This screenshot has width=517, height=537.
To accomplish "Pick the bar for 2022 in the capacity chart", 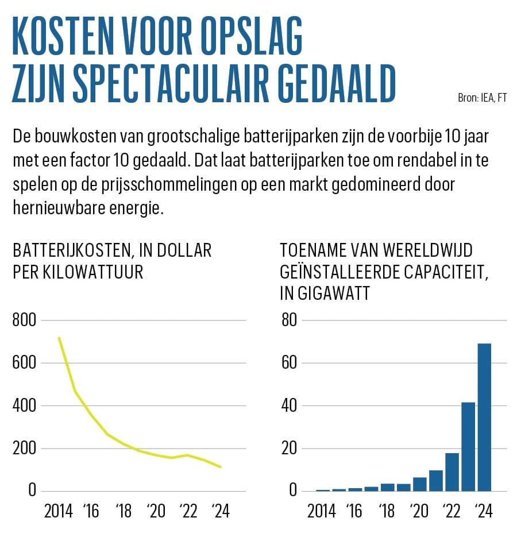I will (x=452, y=472).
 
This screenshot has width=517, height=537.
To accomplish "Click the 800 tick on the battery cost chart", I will (x=24, y=320).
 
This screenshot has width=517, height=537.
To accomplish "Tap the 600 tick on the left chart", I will (x=24, y=363).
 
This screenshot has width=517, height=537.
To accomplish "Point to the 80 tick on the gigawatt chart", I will (x=288, y=320).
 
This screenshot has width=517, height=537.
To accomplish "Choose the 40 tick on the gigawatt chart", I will (x=288, y=405).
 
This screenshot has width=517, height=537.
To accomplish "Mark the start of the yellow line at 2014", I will (x=59, y=338).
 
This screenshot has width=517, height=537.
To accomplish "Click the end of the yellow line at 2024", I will (x=221, y=466).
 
